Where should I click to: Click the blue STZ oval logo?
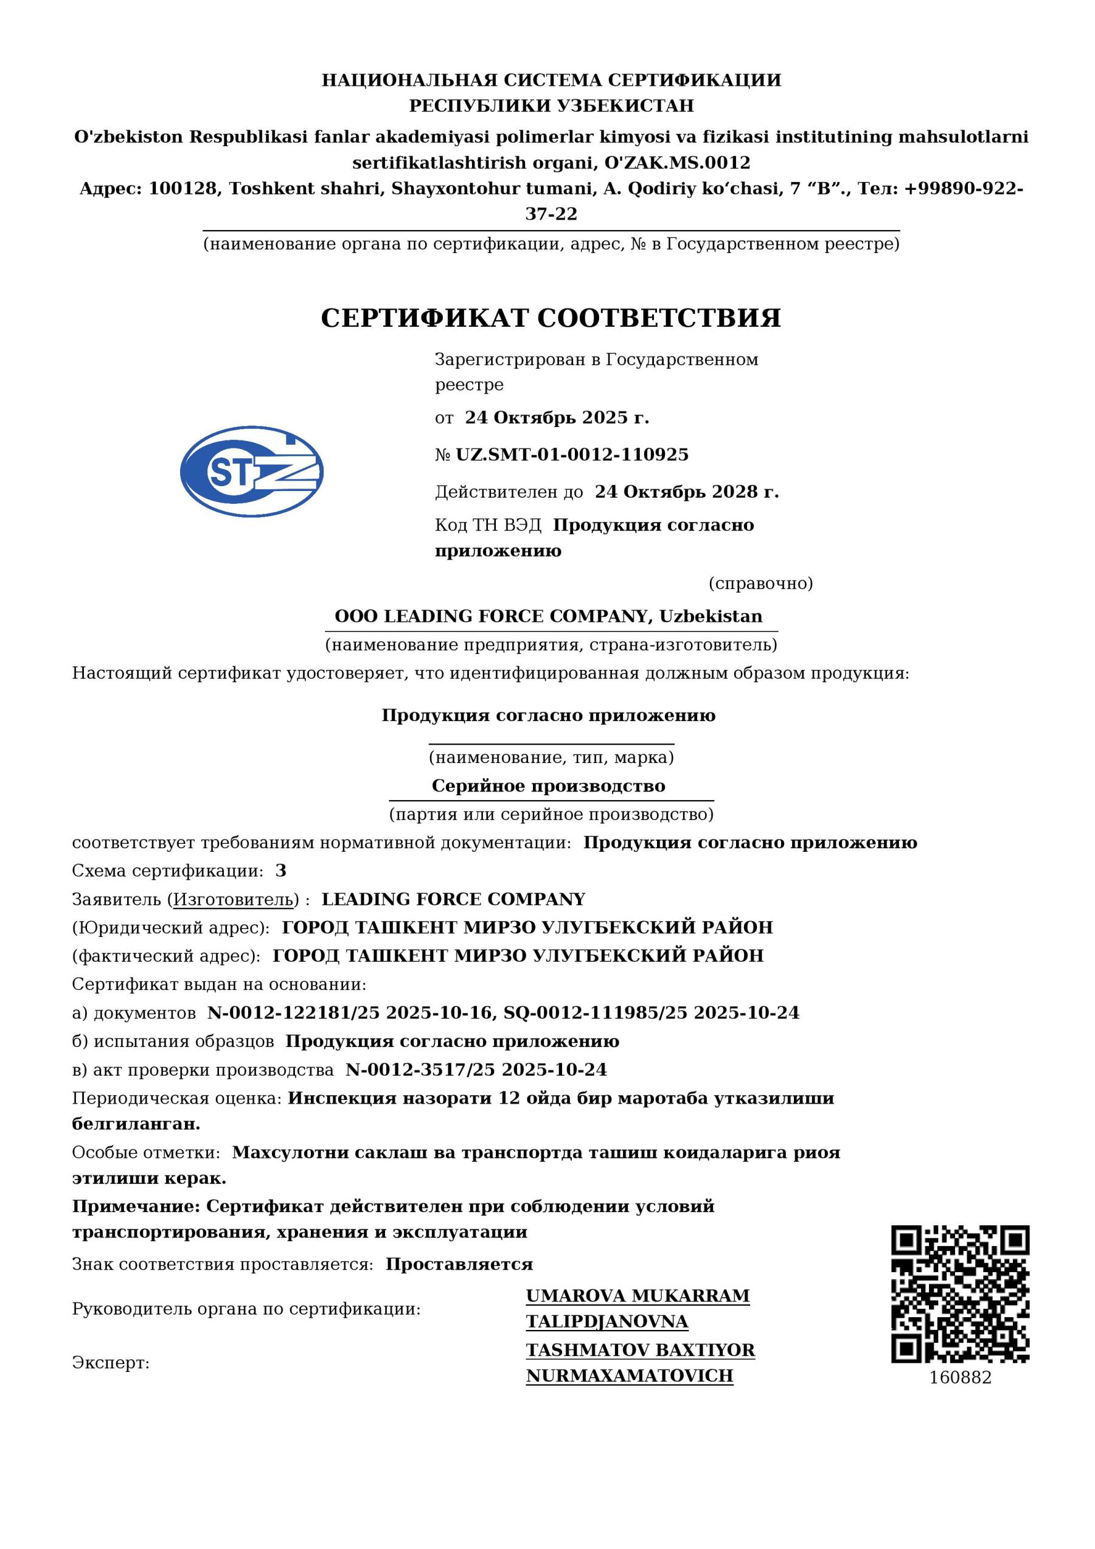252,472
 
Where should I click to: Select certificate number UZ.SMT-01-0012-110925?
572,454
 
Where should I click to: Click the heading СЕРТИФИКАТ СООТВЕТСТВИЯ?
551,318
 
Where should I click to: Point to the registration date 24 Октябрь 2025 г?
557,417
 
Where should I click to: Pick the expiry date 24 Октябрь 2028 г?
686,492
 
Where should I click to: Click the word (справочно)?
760,583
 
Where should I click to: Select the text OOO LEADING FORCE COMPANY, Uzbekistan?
549,616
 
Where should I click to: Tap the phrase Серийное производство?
549,786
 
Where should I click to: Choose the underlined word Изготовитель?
234,899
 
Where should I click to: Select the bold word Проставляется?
459,1264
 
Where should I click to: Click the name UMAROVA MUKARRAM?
638,1296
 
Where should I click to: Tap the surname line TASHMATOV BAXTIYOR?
640,1351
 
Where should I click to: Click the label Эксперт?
111,1363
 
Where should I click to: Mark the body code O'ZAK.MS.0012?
676,162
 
